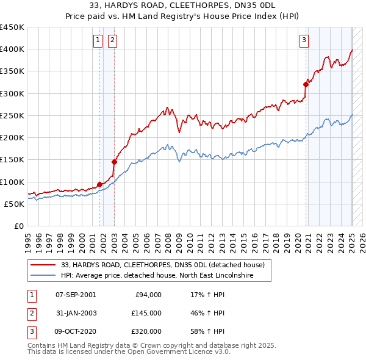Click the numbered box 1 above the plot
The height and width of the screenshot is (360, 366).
(98, 41)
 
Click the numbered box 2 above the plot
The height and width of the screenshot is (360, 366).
(113, 41)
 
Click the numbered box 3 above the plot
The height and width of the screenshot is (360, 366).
(304, 41)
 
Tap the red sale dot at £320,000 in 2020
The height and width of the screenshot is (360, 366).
(306, 85)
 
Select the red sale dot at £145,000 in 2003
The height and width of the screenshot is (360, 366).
(114, 162)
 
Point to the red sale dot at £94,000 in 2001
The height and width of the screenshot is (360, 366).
(99, 184)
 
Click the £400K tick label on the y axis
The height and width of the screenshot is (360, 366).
(12, 49)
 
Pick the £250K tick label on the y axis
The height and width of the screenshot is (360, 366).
(12, 115)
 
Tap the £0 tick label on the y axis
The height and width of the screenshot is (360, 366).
(20, 226)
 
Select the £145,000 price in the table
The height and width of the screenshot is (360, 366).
(146, 313)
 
